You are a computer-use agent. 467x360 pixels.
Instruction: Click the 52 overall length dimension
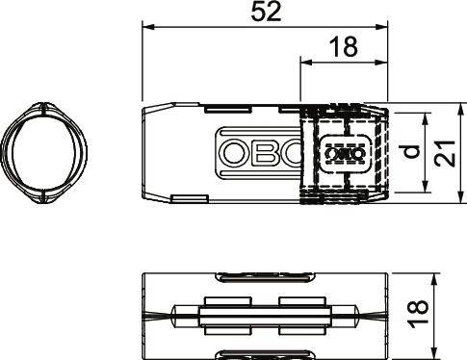click(x=264, y=14)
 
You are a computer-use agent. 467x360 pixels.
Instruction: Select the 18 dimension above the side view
click(x=345, y=48)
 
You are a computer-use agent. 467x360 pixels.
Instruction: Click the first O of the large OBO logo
click(x=234, y=152)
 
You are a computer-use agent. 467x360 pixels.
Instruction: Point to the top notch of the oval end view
click(x=43, y=105)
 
